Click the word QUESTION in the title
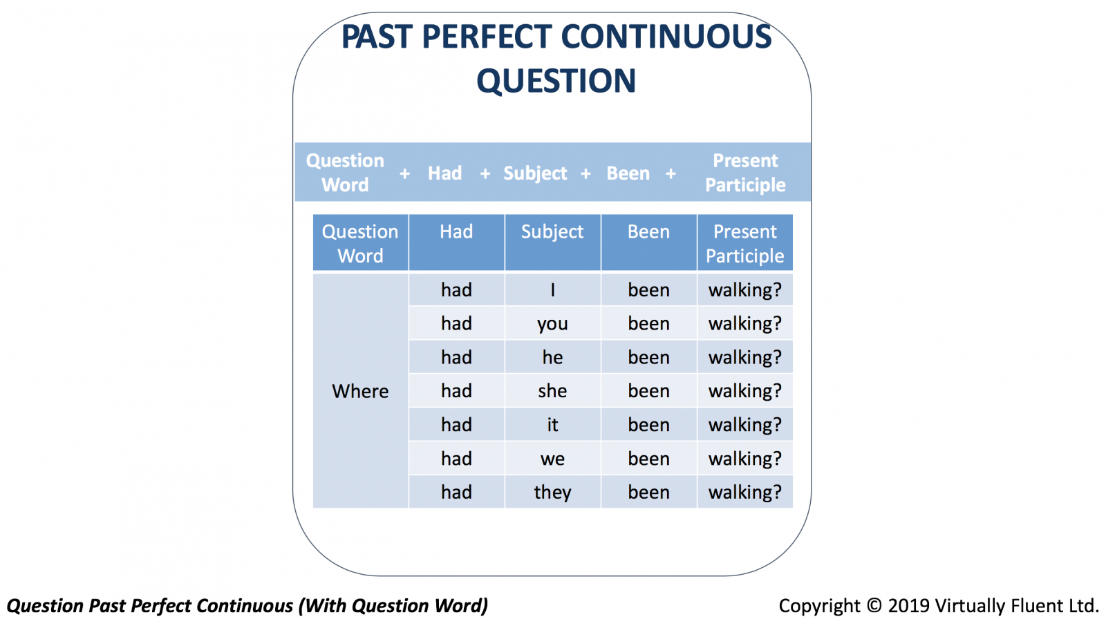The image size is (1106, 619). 556,80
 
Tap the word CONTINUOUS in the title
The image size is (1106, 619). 666,37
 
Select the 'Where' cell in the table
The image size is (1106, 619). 360,391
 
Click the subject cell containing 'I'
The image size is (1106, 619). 552,289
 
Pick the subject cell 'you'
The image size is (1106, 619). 552,323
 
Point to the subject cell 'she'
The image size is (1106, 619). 552,391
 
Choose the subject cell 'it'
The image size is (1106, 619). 552,424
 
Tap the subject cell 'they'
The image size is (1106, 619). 552,492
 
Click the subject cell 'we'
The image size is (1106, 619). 552,459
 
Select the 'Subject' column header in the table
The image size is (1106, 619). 552,242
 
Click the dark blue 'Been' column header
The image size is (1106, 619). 649,242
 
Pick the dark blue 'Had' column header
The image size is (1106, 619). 456,242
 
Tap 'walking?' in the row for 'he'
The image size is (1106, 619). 745,357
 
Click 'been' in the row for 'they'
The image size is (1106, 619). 649,492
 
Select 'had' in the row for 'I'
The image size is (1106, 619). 456,289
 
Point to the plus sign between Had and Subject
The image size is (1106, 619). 485,173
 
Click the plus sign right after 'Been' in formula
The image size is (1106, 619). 671,173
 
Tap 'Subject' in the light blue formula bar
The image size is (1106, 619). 535,173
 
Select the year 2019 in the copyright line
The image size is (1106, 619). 908,605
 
